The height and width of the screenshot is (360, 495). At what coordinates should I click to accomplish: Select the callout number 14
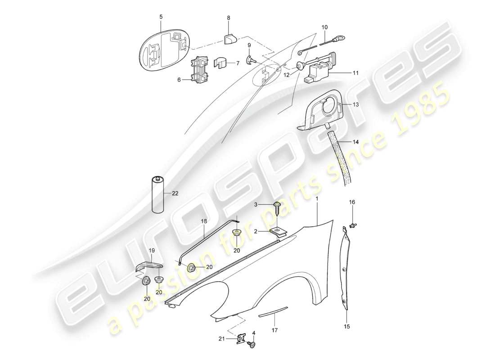pos(355,142)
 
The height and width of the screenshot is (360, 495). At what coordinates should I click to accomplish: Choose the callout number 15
pos(346,326)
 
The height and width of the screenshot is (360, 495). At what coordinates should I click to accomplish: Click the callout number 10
pos(324,27)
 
